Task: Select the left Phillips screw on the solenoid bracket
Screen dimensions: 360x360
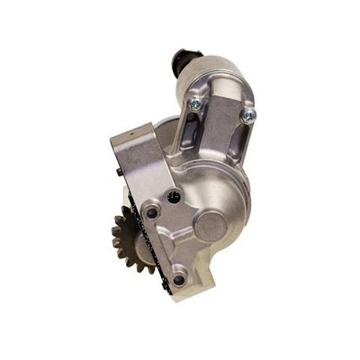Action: [x=194, y=104]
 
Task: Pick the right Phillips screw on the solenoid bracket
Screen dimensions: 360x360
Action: [x=250, y=113]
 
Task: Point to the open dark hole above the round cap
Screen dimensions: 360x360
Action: [x=175, y=195]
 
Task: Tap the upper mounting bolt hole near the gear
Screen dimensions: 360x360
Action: [x=152, y=212]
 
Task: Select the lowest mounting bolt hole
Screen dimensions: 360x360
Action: [x=178, y=280]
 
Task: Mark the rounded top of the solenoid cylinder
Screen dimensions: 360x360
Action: [x=216, y=67]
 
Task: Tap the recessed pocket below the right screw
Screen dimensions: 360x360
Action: [x=236, y=144]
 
